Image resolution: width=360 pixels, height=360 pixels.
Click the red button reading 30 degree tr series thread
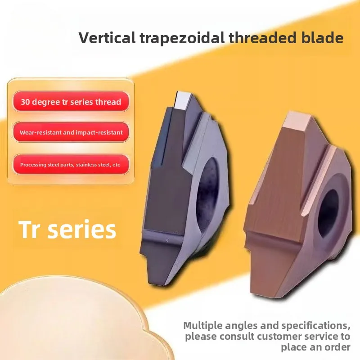point(71,102)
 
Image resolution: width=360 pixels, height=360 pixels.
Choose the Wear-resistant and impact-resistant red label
point(71,133)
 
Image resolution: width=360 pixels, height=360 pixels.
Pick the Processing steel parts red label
point(71,165)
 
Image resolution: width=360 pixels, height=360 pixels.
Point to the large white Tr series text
point(67,229)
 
